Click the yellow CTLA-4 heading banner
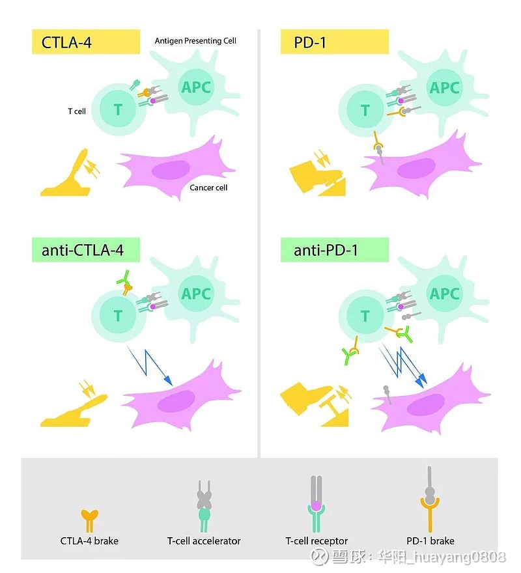tap(86, 42)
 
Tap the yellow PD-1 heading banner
tap(334, 42)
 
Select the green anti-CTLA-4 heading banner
tap(86, 250)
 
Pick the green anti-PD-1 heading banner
tap(334, 250)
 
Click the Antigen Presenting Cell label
tap(195, 41)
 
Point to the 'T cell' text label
tap(77, 111)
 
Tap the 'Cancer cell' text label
tap(208, 188)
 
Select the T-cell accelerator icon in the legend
tap(204, 507)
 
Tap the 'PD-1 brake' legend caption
tap(430, 541)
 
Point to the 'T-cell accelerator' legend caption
tap(204, 541)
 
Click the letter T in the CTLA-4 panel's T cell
tap(118, 109)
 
